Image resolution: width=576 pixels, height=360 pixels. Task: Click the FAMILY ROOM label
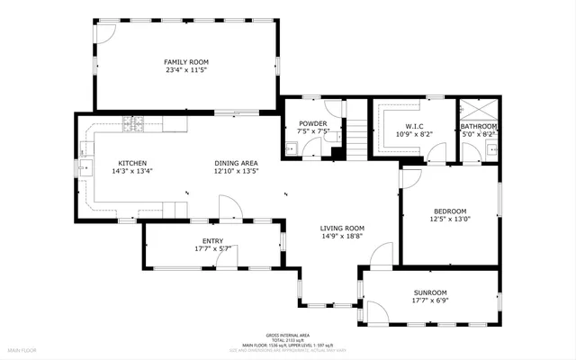point(185,62)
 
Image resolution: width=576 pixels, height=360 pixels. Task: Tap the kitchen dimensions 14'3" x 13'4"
point(131,171)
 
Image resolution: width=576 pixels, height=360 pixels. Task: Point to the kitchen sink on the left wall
point(87,166)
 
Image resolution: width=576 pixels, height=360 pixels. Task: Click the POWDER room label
point(301,122)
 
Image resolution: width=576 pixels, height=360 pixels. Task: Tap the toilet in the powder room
point(291,148)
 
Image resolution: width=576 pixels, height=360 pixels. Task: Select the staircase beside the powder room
point(357,139)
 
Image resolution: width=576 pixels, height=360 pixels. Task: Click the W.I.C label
point(414,126)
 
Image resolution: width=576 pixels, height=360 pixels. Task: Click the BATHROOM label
point(478,126)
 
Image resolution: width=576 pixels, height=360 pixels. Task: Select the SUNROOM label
point(429,292)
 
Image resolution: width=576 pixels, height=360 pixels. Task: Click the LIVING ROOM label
point(342,228)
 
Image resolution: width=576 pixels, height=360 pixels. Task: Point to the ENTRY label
point(212,240)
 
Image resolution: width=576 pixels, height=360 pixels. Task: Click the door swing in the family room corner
point(106,33)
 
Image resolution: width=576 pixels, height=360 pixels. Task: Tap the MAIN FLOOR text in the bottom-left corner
point(22,349)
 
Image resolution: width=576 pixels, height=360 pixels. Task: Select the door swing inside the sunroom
point(377,312)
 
